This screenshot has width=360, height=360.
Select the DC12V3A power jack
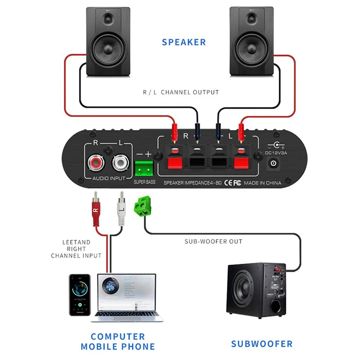click(273, 164)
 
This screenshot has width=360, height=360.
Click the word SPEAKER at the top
click(184, 42)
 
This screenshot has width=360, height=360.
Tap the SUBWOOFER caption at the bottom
click(261, 344)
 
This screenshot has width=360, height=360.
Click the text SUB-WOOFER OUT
click(213, 242)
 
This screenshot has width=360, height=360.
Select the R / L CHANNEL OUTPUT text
click(181, 92)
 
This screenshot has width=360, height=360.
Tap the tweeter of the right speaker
click(252, 18)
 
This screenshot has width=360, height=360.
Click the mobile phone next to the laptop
click(80, 295)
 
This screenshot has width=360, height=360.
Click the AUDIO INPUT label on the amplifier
click(108, 179)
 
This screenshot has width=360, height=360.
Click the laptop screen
click(124, 292)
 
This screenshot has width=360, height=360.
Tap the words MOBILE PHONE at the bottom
click(117, 347)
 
